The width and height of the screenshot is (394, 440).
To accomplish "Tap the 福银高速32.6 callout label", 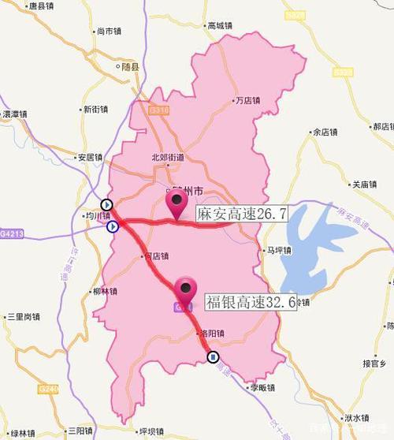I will [x=251, y=302].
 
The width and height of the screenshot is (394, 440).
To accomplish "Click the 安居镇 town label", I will [x=89, y=157].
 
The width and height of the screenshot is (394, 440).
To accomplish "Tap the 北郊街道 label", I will [x=168, y=157].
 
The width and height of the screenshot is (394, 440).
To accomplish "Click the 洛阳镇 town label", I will [x=210, y=333].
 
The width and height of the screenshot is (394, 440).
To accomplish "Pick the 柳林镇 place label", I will [x=103, y=290].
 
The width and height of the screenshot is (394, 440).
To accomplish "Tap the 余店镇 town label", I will [x=325, y=132].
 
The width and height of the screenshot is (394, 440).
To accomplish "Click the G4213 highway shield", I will [x=13, y=233].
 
